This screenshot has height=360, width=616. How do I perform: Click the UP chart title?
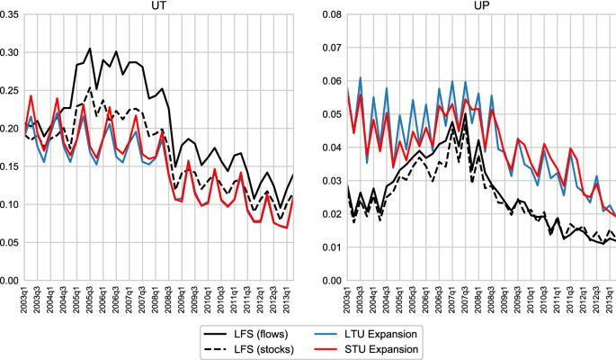(x=482, y=6)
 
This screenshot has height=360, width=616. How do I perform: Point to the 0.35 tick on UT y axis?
(x=14, y=14)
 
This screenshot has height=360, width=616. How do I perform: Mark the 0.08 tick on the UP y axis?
(x=332, y=14)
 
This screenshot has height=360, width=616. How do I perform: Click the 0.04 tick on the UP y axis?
(x=332, y=148)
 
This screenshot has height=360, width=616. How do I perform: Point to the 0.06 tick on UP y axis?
(x=332, y=81)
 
